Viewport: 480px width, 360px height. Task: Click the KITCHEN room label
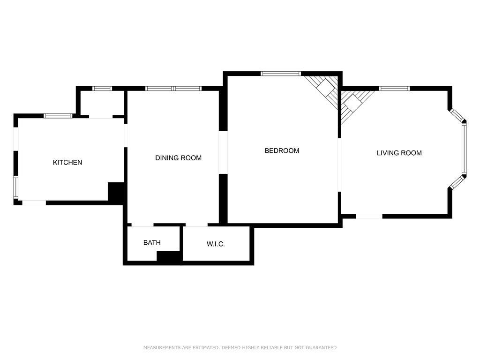click(x=67, y=163)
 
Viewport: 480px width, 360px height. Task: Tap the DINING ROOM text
click(x=178, y=158)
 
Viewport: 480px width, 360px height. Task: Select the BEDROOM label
click(x=282, y=151)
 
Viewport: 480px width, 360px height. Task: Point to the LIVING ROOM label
click(x=399, y=153)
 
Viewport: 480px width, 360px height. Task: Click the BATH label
click(x=152, y=243)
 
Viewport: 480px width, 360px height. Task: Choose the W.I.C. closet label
click(x=216, y=244)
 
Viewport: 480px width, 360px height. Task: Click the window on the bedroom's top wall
click(x=280, y=74)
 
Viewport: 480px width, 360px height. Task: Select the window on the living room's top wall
click(x=394, y=89)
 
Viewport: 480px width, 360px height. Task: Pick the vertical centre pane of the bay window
click(x=464, y=149)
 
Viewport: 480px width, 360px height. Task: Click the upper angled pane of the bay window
click(x=457, y=115)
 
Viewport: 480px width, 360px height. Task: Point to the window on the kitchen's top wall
click(x=58, y=116)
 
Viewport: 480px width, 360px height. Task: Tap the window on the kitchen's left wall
click(x=15, y=187)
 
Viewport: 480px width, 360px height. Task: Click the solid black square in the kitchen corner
click(x=116, y=192)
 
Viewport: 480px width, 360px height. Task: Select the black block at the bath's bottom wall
click(x=169, y=256)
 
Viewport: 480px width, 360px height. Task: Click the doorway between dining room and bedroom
click(x=223, y=152)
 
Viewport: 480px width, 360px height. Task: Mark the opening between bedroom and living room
click(x=339, y=165)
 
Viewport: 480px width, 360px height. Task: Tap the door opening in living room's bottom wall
click(x=369, y=216)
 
